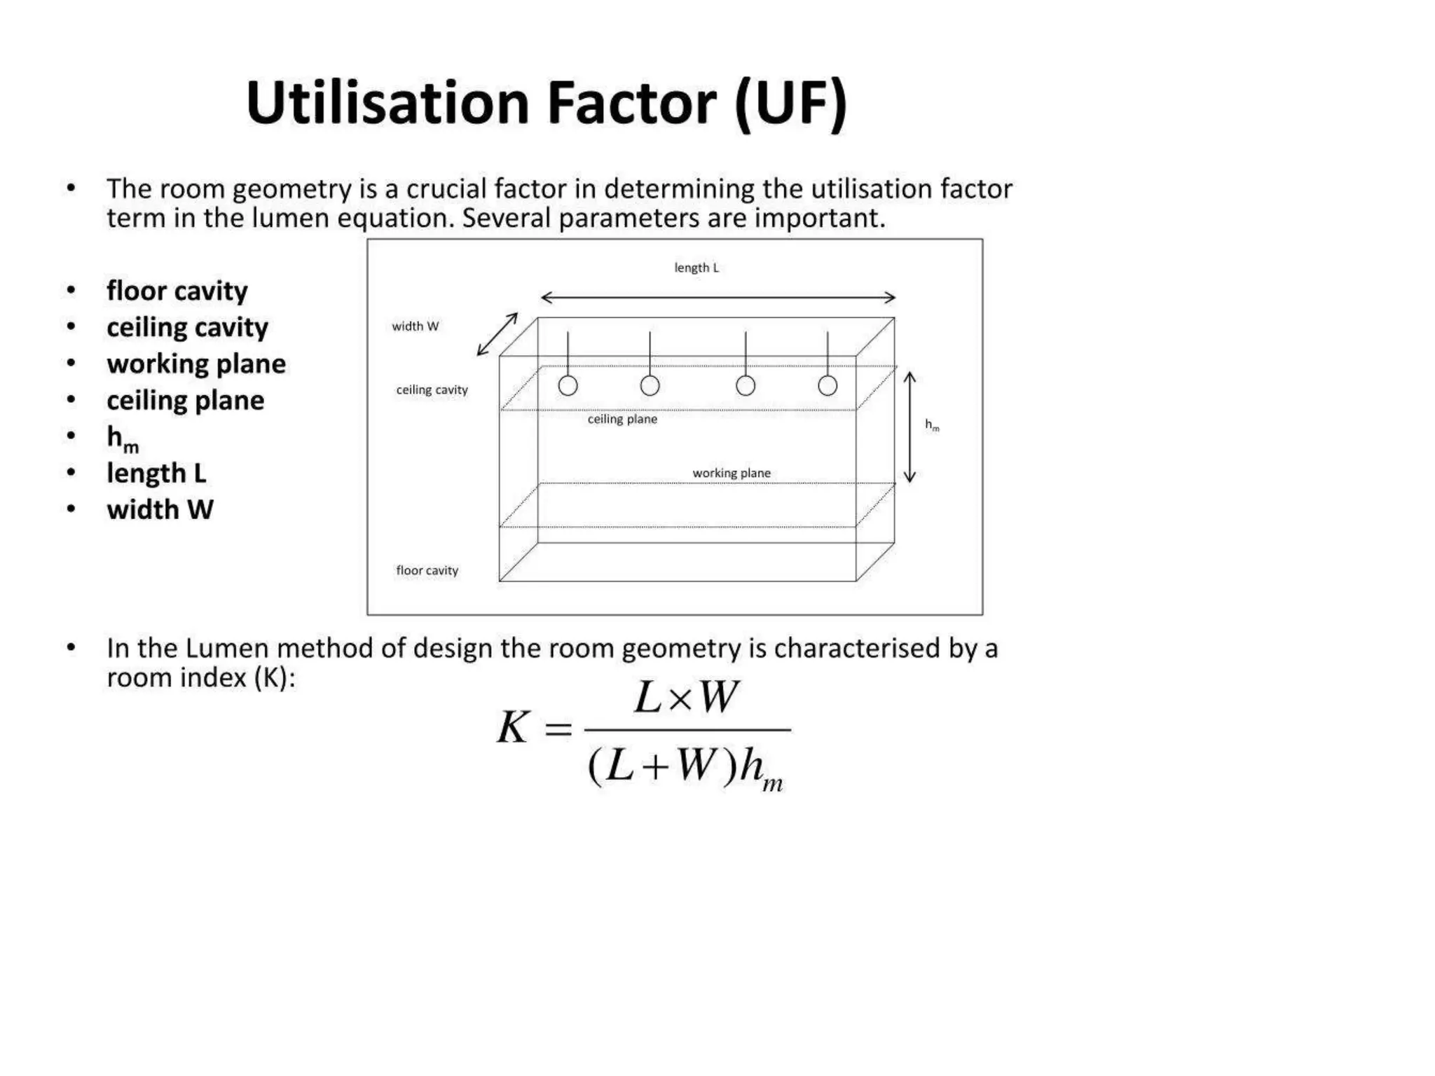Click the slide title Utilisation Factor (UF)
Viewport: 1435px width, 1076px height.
click(x=547, y=104)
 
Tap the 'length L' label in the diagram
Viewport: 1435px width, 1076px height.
click(x=696, y=268)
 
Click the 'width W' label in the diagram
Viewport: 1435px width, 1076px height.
click(x=415, y=326)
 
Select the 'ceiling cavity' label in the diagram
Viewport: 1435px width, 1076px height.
click(x=432, y=389)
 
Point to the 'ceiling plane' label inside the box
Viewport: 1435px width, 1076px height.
click(x=622, y=419)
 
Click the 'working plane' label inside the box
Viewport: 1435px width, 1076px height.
click(x=732, y=473)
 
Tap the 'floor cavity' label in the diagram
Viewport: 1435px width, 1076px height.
click(x=427, y=570)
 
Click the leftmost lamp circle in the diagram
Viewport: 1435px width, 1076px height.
click(x=568, y=385)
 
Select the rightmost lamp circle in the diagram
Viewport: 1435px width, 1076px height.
click(x=828, y=385)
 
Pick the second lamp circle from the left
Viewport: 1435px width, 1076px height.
click(x=650, y=385)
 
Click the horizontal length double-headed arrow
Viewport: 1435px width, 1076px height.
click(x=718, y=298)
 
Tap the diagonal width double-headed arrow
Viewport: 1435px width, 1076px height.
click(x=497, y=334)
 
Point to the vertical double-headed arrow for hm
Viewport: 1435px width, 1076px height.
click(x=909, y=427)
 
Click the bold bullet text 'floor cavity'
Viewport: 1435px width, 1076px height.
click(x=177, y=291)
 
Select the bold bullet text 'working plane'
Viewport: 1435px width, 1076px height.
click(x=196, y=364)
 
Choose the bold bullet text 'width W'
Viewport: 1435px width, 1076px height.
click(x=160, y=509)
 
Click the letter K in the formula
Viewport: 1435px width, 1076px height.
click(x=512, y=727)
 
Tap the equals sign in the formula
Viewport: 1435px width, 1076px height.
click(x=558, y=729)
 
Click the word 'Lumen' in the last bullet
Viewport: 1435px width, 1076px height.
click(x=227, y=648)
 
